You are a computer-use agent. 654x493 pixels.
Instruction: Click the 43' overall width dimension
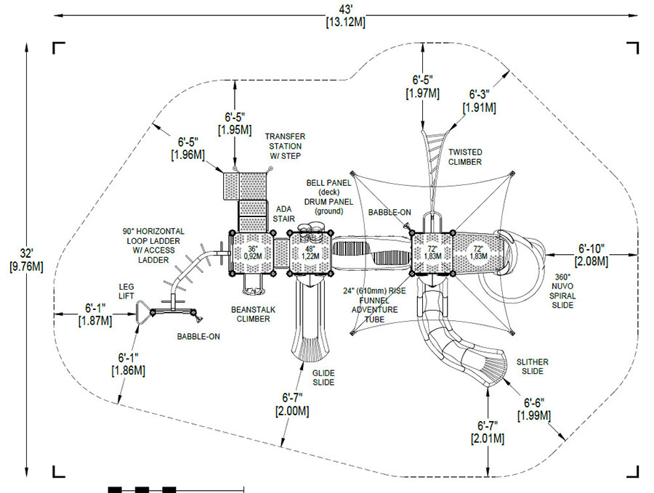pos(345,15)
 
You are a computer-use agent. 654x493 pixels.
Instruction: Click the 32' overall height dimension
pos(26,260)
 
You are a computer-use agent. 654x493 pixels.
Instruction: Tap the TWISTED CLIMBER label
pos(465,157)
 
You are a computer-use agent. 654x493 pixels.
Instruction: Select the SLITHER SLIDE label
pos(532,367)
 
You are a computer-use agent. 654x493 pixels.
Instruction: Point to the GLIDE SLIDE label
pos(323,378)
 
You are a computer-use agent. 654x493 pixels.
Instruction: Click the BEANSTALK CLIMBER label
pos(253,314)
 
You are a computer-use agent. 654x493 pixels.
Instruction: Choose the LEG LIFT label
pos(126,291)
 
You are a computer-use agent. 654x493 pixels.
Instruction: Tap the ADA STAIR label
pos(283,213)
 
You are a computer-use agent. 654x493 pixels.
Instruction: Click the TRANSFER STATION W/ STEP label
pos(285,146)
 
